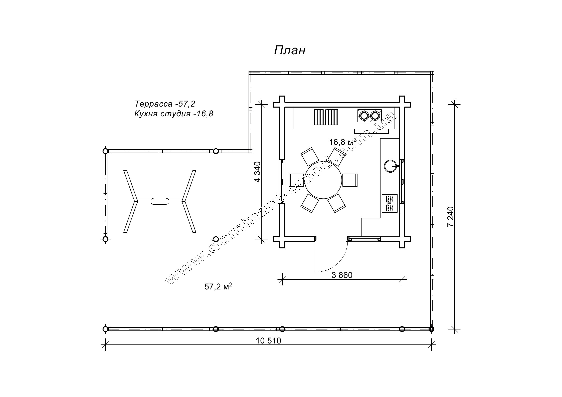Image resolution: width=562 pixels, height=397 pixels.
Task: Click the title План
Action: pyautogui.click(x=290, y=50)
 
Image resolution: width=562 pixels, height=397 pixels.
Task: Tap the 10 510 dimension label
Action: pyautogui.click(x=269, y=341)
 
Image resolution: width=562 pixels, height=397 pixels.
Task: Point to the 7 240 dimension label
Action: pyautogui.click(x=450, y=217)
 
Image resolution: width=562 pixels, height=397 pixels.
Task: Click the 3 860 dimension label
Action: pyautogui.click(x=342, y=275)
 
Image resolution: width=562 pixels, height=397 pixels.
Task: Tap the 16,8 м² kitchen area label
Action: pyautogui.click(x=343, y=142)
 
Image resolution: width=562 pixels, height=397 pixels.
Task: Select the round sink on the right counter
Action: pyautogui.click(x=390, y=166)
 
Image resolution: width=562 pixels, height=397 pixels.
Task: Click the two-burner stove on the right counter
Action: pyautogui.click(x=390, y=203)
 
